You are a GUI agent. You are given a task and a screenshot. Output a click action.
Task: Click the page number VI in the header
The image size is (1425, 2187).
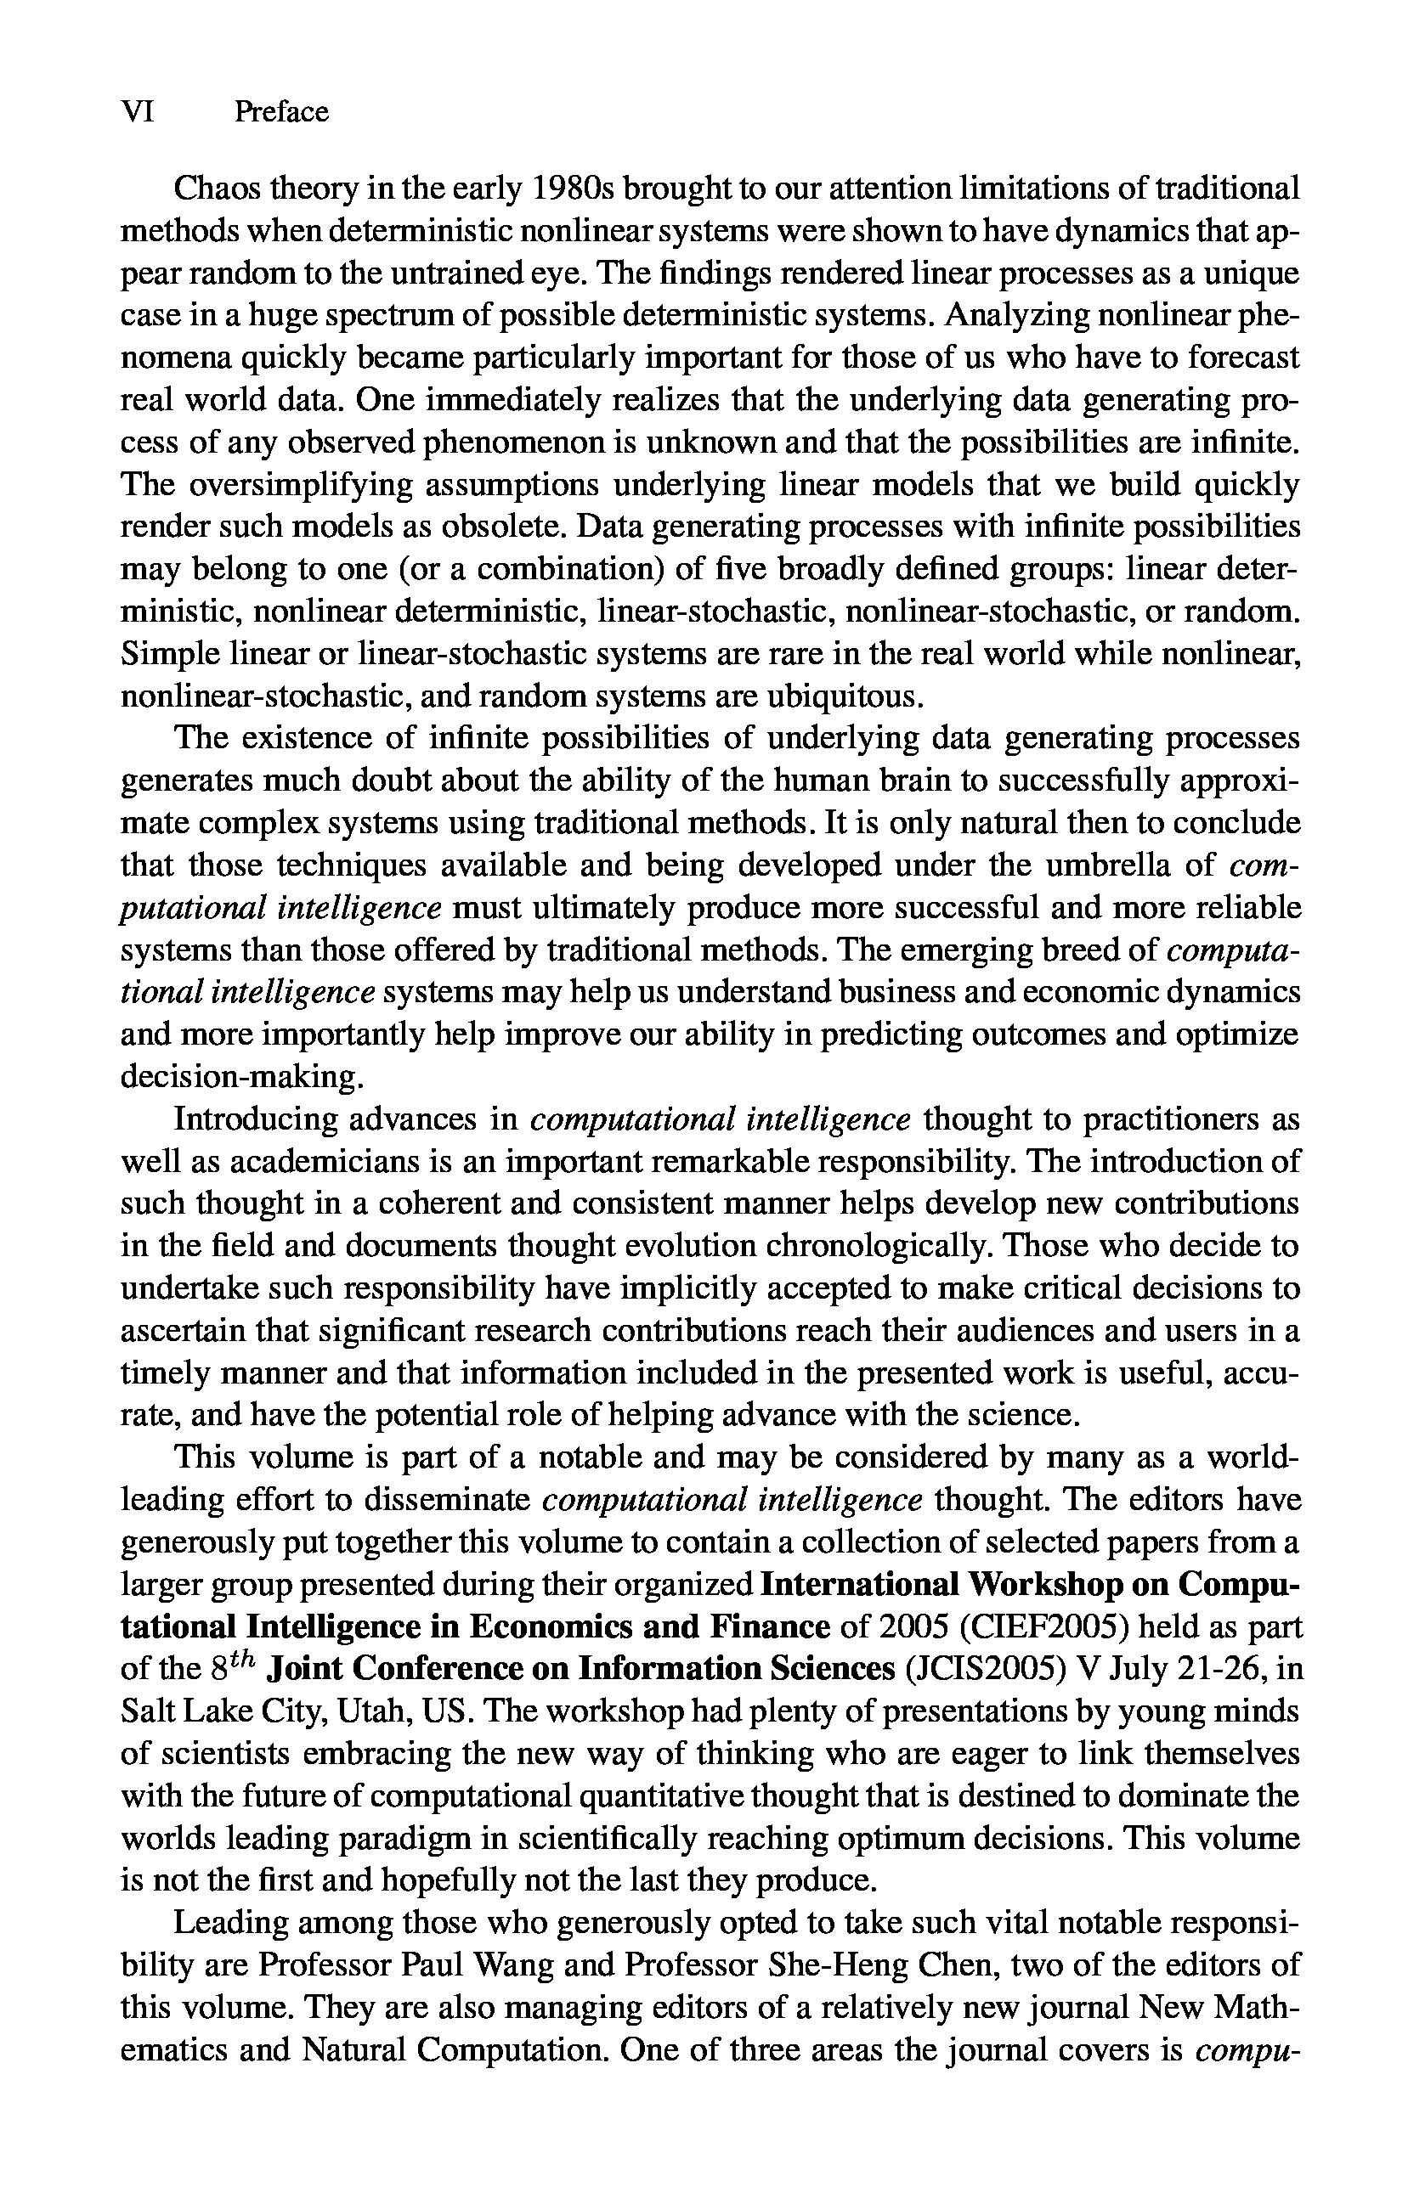pos(137,111)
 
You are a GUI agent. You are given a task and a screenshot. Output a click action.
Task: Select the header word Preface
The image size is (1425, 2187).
pos(281,111)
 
